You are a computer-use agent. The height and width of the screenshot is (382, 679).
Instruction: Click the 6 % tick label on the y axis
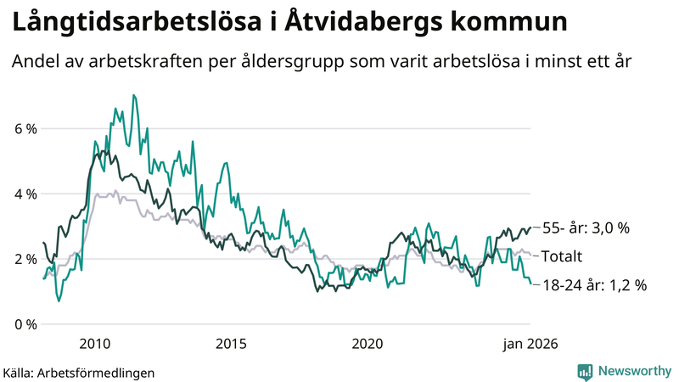pyautogui.click(x=25, y=129)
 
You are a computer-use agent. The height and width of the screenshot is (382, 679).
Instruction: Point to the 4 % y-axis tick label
pyautogui.click(x=25, y=194)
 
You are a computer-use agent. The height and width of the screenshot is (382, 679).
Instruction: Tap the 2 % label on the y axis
pyautogui.click(x=25, y=259)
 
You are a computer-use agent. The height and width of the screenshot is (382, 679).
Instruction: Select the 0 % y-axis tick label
pyautogui.click(x=25, y=324)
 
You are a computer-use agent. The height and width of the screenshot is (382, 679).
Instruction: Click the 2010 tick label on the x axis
pyautogui.click(x=94, y=344)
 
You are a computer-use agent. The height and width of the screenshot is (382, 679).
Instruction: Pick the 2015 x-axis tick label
pyautogui.click(x=231, y=344)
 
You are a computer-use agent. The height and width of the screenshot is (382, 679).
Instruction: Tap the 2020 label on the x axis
pyautogui.click(x=368, y=344)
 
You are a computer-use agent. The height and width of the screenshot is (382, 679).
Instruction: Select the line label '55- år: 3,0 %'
pyautogui.click(x=586, y=228)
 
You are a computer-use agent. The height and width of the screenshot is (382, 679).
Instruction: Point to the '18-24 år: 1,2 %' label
pyautogui.click(x=594, y=285)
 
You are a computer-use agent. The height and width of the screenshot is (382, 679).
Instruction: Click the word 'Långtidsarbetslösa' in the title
pyautogui.click(x=127, y=23)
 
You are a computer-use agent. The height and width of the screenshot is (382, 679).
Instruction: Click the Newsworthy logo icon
pyautogui.click(x=585, y=371)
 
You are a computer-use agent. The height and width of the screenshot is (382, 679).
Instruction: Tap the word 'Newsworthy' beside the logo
pyautogui.click(x=632, y=371)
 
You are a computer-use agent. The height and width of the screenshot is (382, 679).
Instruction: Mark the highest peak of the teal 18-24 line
pyautogui.click(x=133, y=95)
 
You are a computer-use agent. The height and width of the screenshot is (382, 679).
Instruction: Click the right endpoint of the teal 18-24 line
pyautogui.click(x=531, y=284)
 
